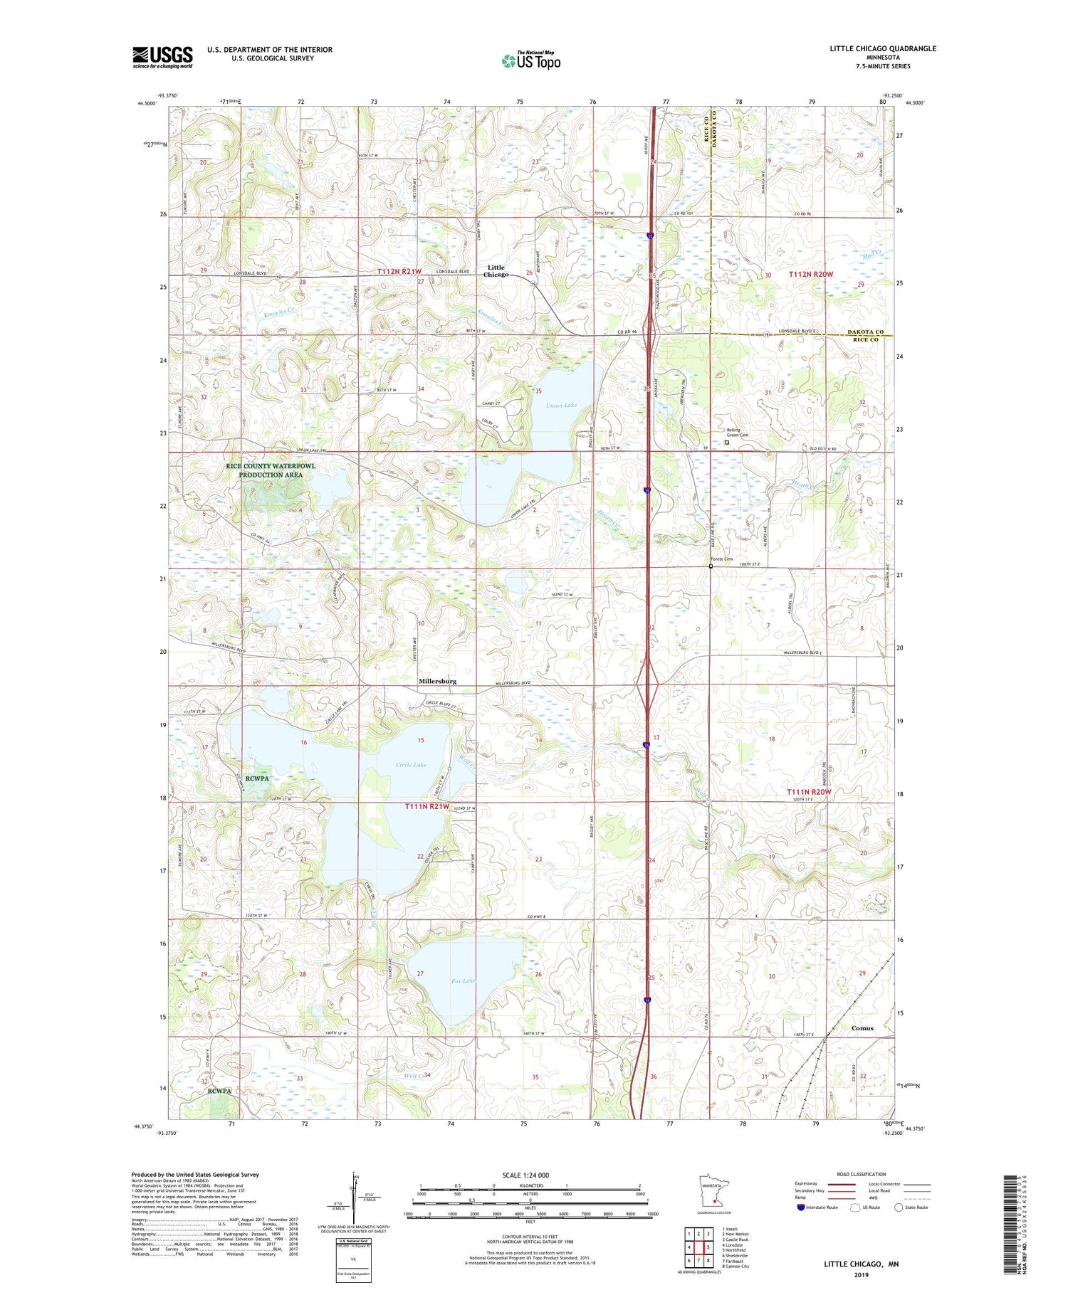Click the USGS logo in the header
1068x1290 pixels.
[162, 57]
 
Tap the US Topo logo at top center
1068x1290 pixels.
[530, 60]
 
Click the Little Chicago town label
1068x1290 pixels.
[496, 271]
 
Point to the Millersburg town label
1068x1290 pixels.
[437, 681]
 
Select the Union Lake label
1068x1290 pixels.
[562, 406]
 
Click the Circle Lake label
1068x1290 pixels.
[412, 765]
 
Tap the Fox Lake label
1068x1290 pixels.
[464, 981]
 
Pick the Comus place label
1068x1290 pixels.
[862, 1028]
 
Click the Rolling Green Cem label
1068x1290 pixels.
[737, 433]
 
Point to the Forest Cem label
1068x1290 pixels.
[721, 559]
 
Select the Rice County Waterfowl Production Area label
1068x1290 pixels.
[271, 470]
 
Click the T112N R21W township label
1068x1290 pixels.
[399, 272]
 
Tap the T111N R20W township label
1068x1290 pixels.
[809, 792]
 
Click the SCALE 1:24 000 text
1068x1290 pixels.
[525, 1175]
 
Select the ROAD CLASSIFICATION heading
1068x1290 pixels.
[862, 1174]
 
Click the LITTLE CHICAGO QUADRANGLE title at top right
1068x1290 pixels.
[882, 48]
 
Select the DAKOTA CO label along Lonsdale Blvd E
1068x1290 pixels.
[865, 332]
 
